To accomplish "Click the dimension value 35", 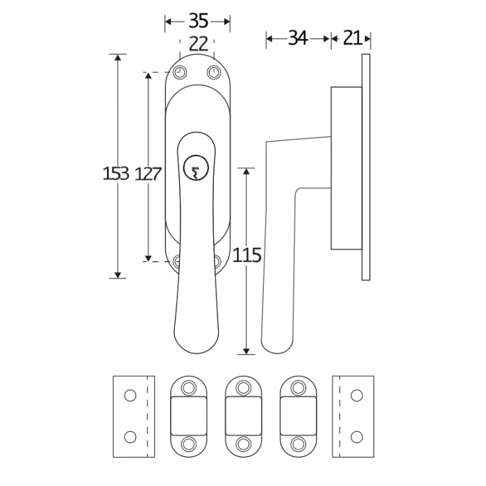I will click(198, 19).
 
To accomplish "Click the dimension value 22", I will click(198, 44).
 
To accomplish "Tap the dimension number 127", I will click(148, 174).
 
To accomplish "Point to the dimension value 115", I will click(246, 255).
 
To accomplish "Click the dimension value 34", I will click(298, 38).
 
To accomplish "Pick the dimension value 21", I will click(352, 38).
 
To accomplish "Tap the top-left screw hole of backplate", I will click(180, 72).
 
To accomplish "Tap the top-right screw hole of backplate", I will click(214, 72).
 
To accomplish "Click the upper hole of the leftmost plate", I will click(129, 395).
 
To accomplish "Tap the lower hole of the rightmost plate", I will click(357, 437).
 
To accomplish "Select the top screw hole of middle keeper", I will click(243, 387).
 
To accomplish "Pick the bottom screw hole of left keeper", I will click(187, 443).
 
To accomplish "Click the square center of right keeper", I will click(299, 414).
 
